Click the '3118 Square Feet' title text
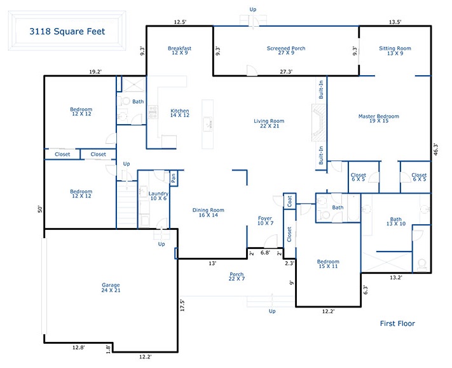tap(67, 31)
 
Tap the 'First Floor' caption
tap(397, 323)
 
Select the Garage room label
tap(111, 288)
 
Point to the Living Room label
tap(269, 124)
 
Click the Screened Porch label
tap(286, 50)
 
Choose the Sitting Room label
tap(395, 50)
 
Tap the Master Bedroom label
tap(379, 118)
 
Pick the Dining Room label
tap(208, 213)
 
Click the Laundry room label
tap(158, 195)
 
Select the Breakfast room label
tap(179, 50)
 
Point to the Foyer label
tap(265, 221)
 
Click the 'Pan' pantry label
tap(174, 178)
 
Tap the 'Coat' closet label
tap(289, 201)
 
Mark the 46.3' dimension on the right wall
tap(435, 150)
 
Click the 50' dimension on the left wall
tap(40, 209)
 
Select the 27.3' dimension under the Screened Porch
tap(286, 71)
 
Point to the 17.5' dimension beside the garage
tap(182, 305)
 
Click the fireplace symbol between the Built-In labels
tap(319, 123)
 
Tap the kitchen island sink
tap(207, 124)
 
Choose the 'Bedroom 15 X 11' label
tap(328, 264)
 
